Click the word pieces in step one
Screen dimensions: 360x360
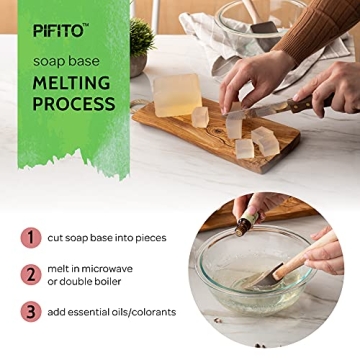[145, 238]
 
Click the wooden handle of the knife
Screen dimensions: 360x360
[301, 103]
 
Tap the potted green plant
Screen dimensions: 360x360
[140, 43]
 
